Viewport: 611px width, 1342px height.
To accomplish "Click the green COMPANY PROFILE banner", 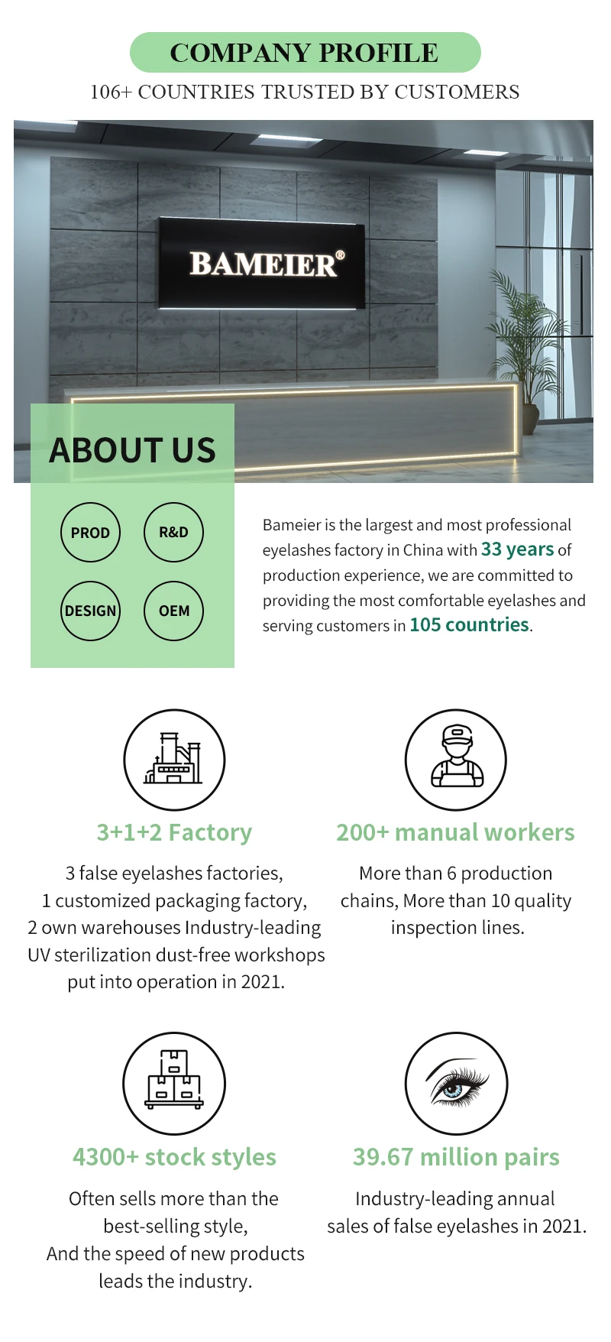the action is [305, 53].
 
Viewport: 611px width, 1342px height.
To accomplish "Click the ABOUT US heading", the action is [133, 450].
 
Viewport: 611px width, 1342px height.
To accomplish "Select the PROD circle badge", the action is [90, 533].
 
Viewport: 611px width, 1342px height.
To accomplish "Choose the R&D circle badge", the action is [173, 533].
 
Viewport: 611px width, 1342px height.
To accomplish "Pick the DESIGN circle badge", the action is [90, 611].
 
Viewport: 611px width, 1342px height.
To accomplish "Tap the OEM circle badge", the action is [173, 611].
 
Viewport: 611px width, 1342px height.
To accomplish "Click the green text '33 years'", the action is [517, 549].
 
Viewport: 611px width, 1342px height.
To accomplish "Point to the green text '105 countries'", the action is [469, 625].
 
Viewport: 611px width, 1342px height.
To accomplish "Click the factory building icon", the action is [174, 760].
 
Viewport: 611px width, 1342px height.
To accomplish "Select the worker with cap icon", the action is [456, 760].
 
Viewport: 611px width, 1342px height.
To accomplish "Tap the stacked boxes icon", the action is [174, 1083].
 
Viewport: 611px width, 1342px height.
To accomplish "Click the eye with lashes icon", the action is [456, 1083].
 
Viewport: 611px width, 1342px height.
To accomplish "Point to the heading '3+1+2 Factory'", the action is [174, 832].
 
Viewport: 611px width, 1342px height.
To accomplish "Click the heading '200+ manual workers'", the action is [455, 832].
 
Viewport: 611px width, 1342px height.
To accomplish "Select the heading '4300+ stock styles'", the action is [174, 1157].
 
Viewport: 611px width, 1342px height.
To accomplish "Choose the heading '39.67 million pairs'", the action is [456, 1157].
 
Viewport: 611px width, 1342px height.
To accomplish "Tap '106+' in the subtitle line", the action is [111, 92].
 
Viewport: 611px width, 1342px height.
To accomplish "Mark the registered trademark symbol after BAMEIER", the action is [340, 255].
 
